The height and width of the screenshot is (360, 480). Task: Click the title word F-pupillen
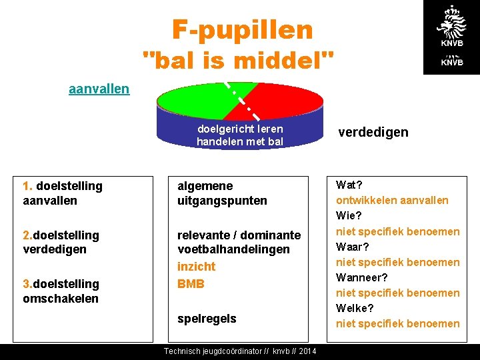click(x=242, y=29)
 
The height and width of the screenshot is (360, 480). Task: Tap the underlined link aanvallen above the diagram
click(x=99, y=89)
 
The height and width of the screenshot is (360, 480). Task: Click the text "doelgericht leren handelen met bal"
click(x=240, y=135)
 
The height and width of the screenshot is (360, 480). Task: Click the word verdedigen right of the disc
click(x=373, y=132)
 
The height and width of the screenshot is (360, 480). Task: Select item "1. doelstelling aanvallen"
click(x=63, y=193)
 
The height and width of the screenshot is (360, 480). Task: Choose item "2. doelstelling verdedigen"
click(x=61, y=242)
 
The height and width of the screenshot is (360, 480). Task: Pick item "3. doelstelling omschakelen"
click(x=61, y=291)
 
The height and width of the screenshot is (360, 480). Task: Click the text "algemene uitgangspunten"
click(x=222, y=193)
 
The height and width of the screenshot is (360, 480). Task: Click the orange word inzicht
click(x=196, y=267)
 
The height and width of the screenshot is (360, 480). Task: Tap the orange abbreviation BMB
click(x=191, y=284)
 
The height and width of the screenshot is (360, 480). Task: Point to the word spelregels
click(x=207, y=319)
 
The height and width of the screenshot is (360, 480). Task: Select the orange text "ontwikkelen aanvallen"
click(x=392, y=200)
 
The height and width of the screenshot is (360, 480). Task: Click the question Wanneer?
click(x=362, y=277)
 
